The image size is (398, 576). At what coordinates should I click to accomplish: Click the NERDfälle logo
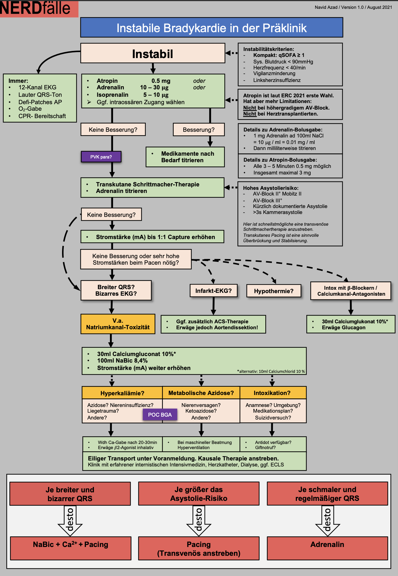click(x=36, y=9)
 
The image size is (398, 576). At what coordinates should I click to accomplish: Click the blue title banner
click(x=212, y=28)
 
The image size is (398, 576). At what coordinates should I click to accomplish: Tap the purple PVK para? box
click(x=101, y=157)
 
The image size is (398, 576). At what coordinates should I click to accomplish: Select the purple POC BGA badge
click(x=160, y=415)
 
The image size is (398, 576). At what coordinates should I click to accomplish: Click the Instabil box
click(x=153, y=54)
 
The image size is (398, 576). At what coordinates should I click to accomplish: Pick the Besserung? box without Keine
click(x=198, y=130)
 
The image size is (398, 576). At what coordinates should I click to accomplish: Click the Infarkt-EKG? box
click(x=214, y=291)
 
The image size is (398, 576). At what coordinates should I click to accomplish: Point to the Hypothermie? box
click(x=274, y=291)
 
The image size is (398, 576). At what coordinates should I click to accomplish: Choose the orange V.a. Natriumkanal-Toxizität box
click(x=118, y=324)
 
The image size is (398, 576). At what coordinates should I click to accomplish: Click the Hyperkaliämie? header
click(x=122, y=393)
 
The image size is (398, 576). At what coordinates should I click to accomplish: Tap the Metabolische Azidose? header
click(x=201, y=393)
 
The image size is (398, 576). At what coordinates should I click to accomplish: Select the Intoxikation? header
click(x=272, y=393)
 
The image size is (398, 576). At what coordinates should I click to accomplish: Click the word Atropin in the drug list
click(x=107, y=81)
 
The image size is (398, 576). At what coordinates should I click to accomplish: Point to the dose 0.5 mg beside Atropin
click(x=161, y=81)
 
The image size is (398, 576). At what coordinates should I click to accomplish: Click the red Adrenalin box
click(x=327, y=548)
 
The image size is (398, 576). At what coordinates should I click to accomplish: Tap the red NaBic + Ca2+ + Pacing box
click(x=71, y=548)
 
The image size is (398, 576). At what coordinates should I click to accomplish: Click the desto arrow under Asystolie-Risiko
click(x=199, y=520)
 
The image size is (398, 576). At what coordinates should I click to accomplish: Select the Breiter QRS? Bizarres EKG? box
click(x=116, y=290)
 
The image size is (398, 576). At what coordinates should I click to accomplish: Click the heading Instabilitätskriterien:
click(x=268, y=49)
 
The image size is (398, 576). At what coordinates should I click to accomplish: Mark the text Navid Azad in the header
click(x=326, y=7)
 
